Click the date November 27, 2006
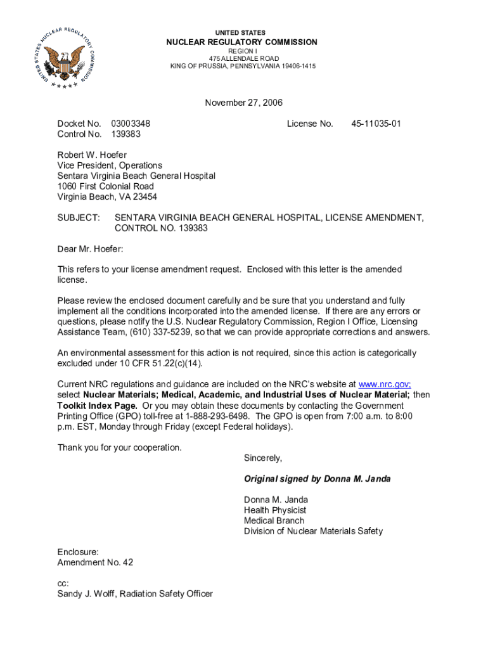pyautogui.click(x=243, y=103)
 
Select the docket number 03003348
pyautogui.click(x=131, y=124)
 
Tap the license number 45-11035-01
pyautogui.click(x=376, y=124)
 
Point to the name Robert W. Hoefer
pyautogui.click(x=92, y=155)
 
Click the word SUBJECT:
pyautogui.click(x=79, y=217)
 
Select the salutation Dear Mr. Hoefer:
pyautogui.click(x=90, y=249)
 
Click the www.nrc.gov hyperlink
pyautogui.click(x=385, y=384)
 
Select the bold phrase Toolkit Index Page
pyautogui.click(x=97, y=405)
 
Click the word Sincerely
pyautogui.click(x=263, y=458)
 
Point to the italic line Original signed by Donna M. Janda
pyautogui.click(x=317, y=479)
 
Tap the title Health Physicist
pyautogui.click(x=275, y=510)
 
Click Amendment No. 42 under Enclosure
pyautogui.click(x=95, y=562)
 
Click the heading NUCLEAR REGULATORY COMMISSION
pyautogui.click(x=241, y=42)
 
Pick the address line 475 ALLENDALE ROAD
pyautogui.click(x=243, y=58)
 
